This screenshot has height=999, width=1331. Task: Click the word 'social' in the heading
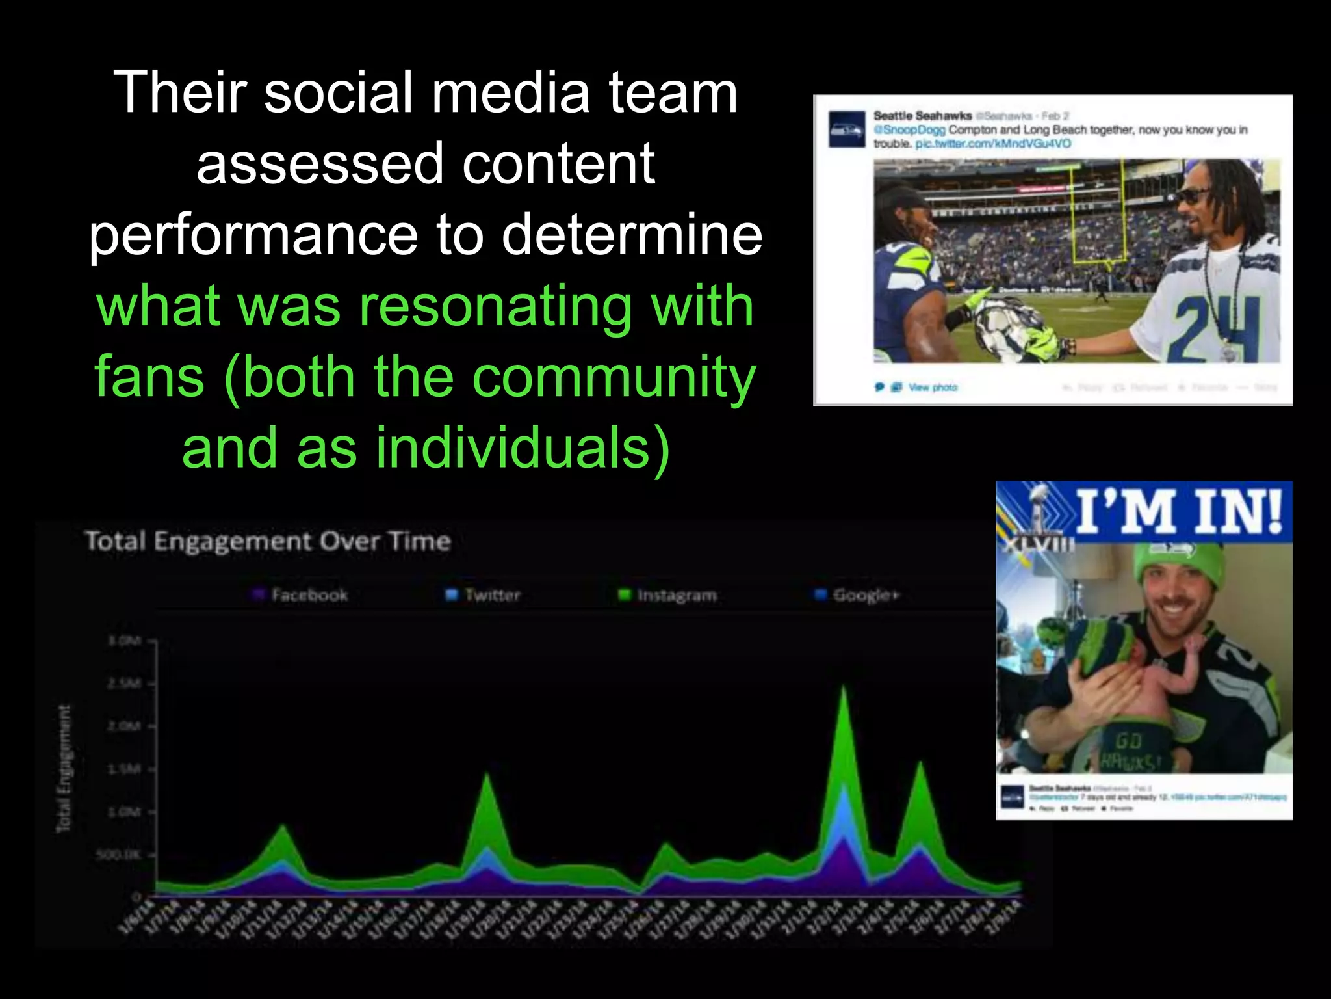(338, 92)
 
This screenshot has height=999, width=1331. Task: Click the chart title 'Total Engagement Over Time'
(268, 541)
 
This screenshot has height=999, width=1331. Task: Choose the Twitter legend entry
(484, 594)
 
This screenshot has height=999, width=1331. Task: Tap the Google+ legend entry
(858, 594)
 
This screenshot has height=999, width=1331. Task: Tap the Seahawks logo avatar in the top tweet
(846, 129)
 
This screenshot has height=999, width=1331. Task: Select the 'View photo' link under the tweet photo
(932, 388)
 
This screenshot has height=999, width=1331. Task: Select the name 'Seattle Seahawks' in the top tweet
(922, 116)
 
